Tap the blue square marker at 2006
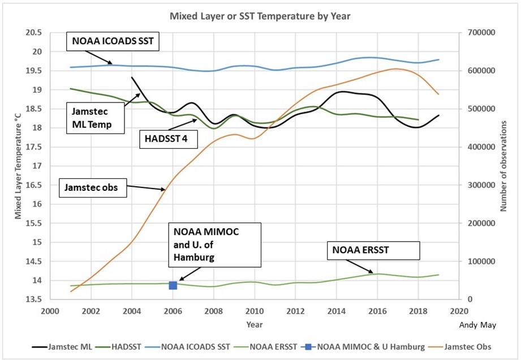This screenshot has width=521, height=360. click(173, 285)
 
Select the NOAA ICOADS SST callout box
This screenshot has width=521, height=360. click(113, 41)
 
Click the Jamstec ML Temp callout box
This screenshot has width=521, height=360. click(95, 117)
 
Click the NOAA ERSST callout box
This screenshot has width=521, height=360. click(374, 251)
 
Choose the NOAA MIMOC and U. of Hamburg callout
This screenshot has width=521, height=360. click(214, 245)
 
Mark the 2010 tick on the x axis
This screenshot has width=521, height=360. click(255, 311)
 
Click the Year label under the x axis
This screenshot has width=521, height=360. click(255, 324)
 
